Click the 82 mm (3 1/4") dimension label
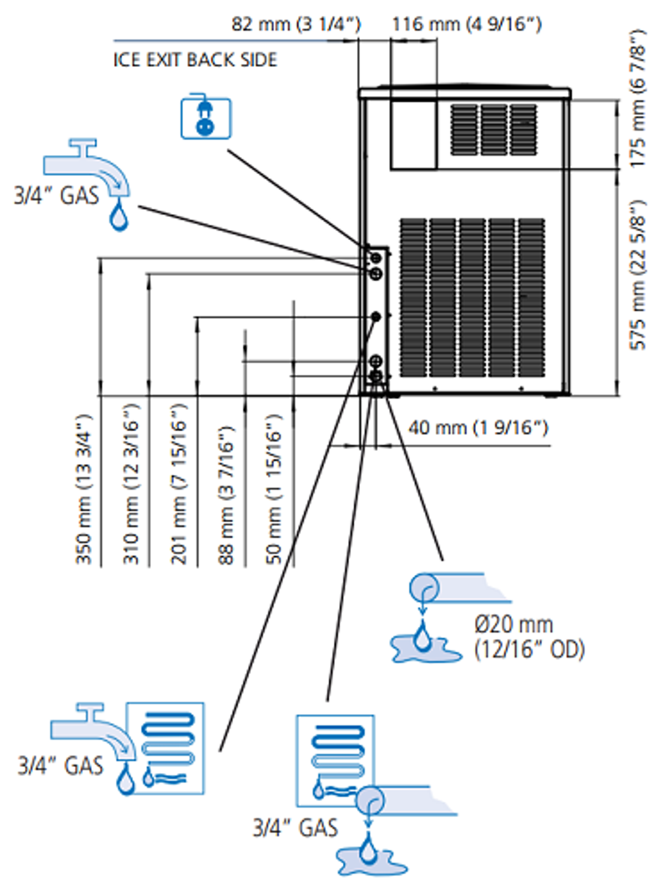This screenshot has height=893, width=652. (x=296, y=24)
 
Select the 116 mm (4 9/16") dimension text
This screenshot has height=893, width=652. (x=467, y=24)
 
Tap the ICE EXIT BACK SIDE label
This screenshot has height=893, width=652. (x=195, y=60)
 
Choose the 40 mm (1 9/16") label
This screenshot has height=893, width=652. (x=478, y=428)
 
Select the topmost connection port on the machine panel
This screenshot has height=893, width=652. (x=375, y=259)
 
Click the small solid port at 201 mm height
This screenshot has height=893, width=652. (x=375, y=317)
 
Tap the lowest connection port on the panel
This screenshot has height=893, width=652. (x=376, y=376)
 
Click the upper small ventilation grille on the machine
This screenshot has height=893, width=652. (x=494, y=130)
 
